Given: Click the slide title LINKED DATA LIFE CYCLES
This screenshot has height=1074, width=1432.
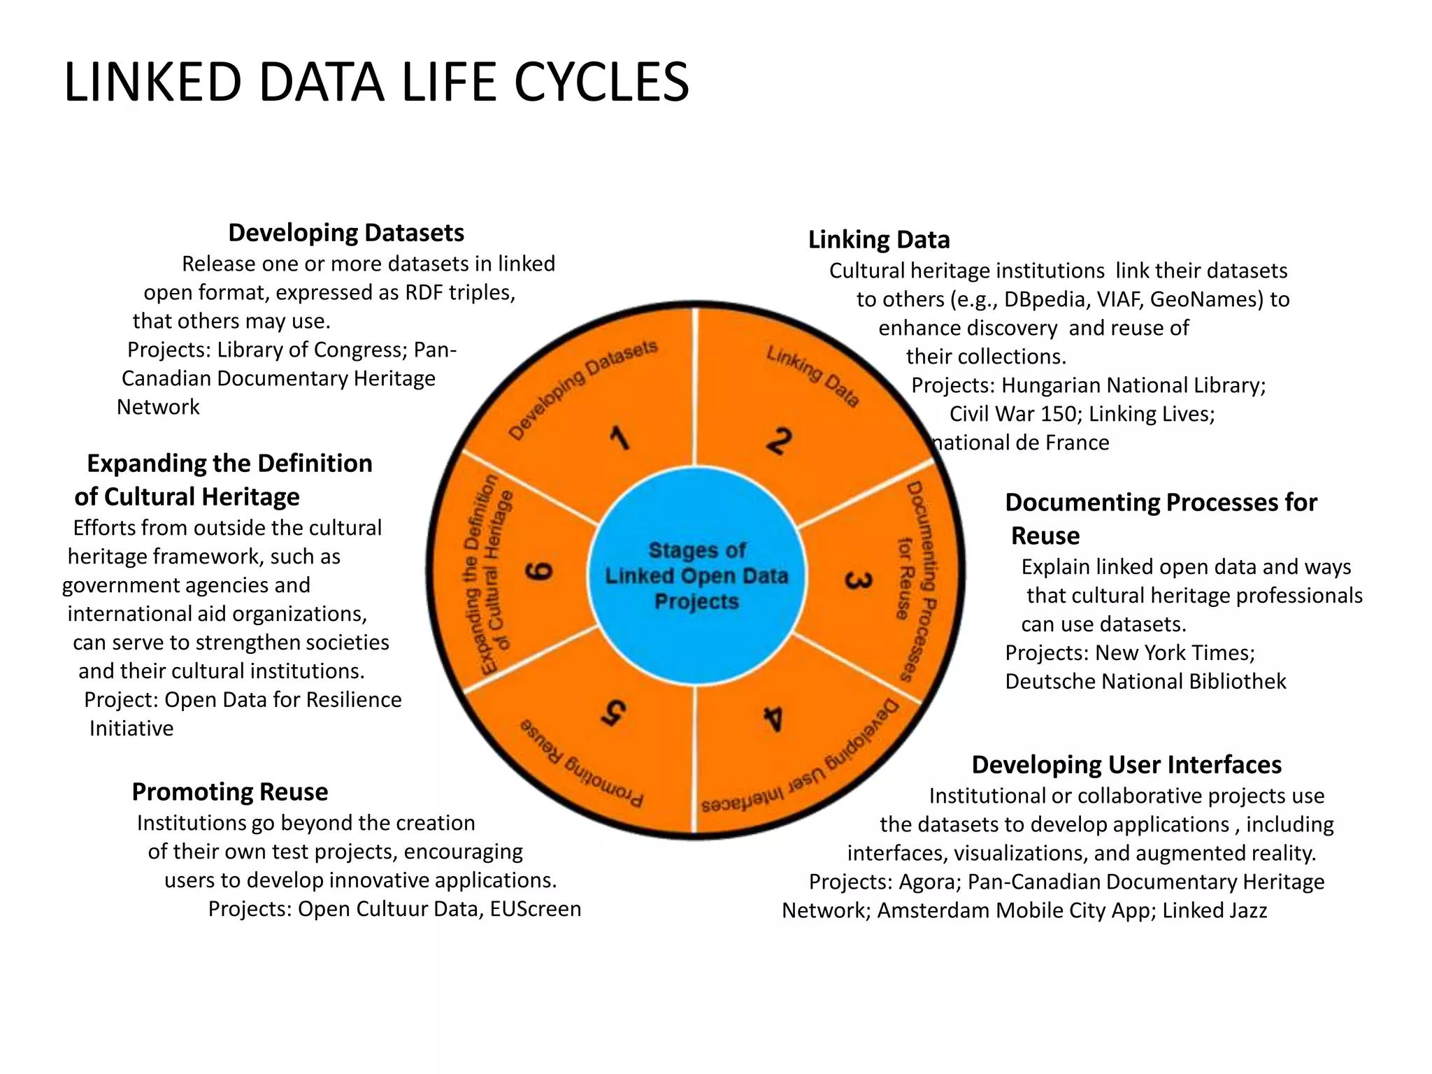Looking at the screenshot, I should pyautogui.click(x=376, y=83).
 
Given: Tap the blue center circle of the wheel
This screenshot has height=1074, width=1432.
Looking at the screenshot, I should pyautogui.click(x=696, y=575).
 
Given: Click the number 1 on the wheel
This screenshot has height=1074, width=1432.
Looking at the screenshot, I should pyautogui.click(x=620, y=439).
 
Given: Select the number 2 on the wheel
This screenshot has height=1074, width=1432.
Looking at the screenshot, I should pyautogui.click(x=779, y=441).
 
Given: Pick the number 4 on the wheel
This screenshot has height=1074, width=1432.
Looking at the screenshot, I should pyautogui.click(x=773, y=718).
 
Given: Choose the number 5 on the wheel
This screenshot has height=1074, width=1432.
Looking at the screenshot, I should pyautogui.click(x=613, y=713).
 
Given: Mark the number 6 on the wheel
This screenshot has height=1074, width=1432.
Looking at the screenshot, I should pyautogui.click(x=539, y=571).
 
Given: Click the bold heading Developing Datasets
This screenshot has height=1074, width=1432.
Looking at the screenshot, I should pyautogui.click(x=346, y=233).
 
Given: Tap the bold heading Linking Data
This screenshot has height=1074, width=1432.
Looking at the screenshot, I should pyautogui.click(x=879, y=240).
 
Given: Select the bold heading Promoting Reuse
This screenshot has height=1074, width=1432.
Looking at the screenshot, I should pyautogui.click(x=230, y=792).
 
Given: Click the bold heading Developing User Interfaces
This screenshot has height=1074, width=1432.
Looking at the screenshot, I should pyautogui.click(x=1126, y=765).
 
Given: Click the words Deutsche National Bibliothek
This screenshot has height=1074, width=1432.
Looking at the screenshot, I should pyautogui.click(x=1145, y=682).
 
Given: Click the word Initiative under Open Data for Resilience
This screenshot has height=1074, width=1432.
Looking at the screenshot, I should pyautogui.click(x=131, y=729).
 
